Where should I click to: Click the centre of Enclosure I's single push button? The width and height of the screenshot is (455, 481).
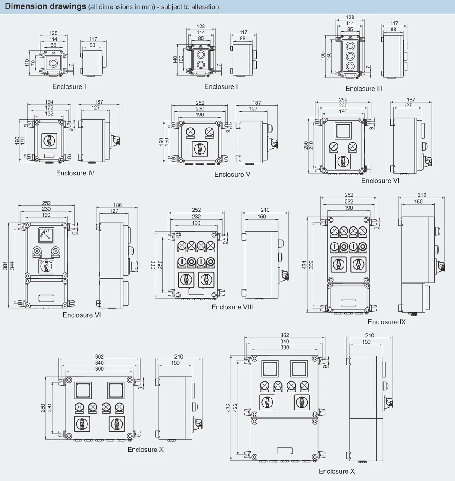click(54, 63)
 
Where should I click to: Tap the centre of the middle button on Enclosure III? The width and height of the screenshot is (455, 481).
click(350, 56)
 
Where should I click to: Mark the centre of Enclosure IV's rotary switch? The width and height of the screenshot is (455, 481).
click(49, 140)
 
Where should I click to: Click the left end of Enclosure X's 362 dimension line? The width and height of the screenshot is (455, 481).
click(58, 359)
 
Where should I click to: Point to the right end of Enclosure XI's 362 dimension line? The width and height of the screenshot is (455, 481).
click(325, 338)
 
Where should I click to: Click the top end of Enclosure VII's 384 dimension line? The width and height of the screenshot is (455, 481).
click(8, 223)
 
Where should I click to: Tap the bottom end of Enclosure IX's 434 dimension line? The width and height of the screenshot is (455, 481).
click(307, 312)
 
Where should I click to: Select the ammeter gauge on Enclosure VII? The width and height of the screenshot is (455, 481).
click(46, 235)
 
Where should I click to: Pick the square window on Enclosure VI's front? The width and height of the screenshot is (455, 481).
click(343, 131)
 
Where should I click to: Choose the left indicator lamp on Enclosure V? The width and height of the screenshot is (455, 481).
click(190, 133)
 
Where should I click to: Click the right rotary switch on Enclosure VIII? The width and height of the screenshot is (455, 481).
click(207, 280)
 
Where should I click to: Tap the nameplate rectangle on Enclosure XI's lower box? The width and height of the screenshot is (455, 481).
click(284, 451)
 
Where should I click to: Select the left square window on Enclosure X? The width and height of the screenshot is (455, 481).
click(83, 391)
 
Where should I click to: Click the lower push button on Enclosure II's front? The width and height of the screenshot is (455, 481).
click(201, 65)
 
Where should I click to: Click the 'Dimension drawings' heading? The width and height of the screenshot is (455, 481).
click(45, 6)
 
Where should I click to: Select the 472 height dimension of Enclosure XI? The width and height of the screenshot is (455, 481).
click(228, 408)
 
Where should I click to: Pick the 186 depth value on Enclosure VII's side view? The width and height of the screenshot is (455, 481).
click(117, 205)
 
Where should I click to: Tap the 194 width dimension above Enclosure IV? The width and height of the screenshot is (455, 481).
click(49, 101)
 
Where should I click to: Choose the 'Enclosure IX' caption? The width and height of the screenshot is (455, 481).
click(386, 322)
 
